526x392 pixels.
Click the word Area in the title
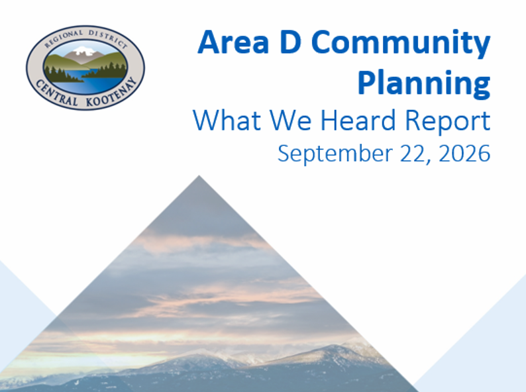[x=233, y=42]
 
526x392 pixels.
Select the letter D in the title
[x=290, y=42]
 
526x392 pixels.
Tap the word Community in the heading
[x=401, y=44]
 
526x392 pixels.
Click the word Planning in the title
[x=424, y=83]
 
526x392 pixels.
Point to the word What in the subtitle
[x=227, y=120]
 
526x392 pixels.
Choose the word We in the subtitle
[x=291, y=120]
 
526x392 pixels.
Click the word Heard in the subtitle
[x=358, y=120]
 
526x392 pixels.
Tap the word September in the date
[x=335, y=154]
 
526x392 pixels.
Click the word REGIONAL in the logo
[x=64, y=38]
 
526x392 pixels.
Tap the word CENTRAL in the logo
[x=56, y=93]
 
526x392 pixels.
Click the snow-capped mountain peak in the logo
[x=84, y=51]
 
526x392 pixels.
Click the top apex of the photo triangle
[x=199, y=175]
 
